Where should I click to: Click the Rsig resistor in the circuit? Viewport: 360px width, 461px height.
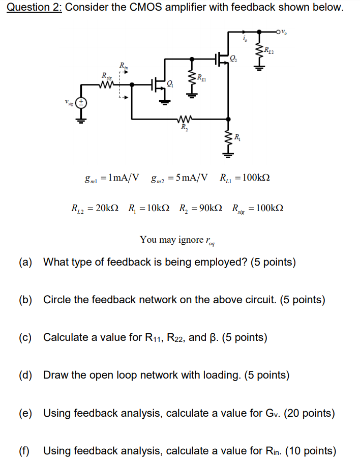pyautogui.click(x=107, y=85)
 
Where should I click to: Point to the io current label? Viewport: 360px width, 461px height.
pyautogui.click(x=245, y=39)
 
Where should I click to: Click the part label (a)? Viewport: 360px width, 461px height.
pyautogui.click(x=25, y=262)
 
